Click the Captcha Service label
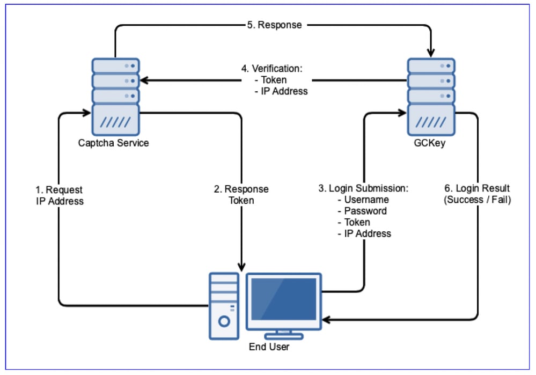pos(113,143)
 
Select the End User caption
pos(269,347)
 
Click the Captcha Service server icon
pos(115,97)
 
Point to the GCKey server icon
pos(430,97)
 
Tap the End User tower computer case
pos(224,306)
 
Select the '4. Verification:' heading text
pos(272,69)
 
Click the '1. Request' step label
pos(59,190)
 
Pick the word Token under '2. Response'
pos(241,201)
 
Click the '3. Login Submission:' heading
pos(363,189)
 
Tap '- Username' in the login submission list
pos(363,200)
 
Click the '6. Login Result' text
pos(477,189)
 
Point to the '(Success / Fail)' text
pos(477,200)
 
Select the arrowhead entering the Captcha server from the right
pos(144,80)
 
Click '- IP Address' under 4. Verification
pos(281,91)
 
